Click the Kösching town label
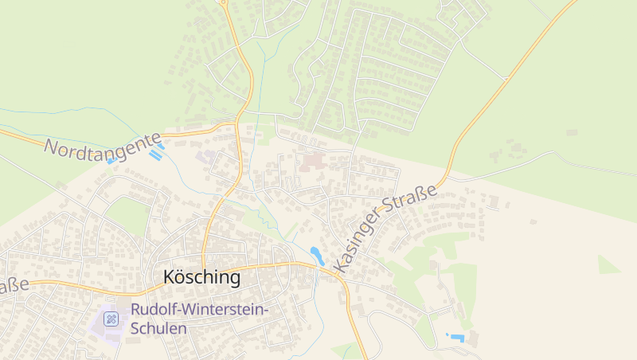[201, 277]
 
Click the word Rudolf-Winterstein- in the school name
[200, 310]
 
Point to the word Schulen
[158, 327]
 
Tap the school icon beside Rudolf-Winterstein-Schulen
[111, 319]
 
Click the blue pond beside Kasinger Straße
[317, 256]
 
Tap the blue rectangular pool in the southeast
[456, 338]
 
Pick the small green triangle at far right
[608, 265]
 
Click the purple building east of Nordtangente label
[205, 157]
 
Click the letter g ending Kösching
[234, 280]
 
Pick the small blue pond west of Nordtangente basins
[111, 160]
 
